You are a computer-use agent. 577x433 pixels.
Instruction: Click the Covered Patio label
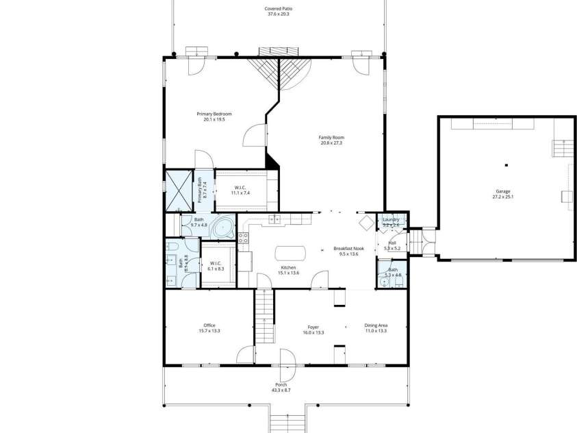(278, 11)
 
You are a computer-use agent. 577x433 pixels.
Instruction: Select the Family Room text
(331, 140)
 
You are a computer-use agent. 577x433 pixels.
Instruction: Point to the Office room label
(209, 327)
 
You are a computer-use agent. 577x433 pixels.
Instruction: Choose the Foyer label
(313, 330)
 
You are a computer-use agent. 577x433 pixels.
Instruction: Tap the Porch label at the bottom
(281, 387)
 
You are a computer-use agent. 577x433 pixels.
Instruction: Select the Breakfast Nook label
(348, 251)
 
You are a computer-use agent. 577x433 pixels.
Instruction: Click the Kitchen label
(289, 270)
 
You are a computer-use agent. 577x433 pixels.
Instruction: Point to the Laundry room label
(391, 222)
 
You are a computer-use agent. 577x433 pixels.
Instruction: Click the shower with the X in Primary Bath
(179, 189)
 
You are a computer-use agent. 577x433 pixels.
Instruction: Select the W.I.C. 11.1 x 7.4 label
(242, 190)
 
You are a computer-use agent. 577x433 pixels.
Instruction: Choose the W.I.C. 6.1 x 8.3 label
(215, 266)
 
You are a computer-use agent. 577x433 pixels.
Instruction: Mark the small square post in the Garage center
(506, 165)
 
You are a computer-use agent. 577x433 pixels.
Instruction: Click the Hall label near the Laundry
(392, 245)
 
